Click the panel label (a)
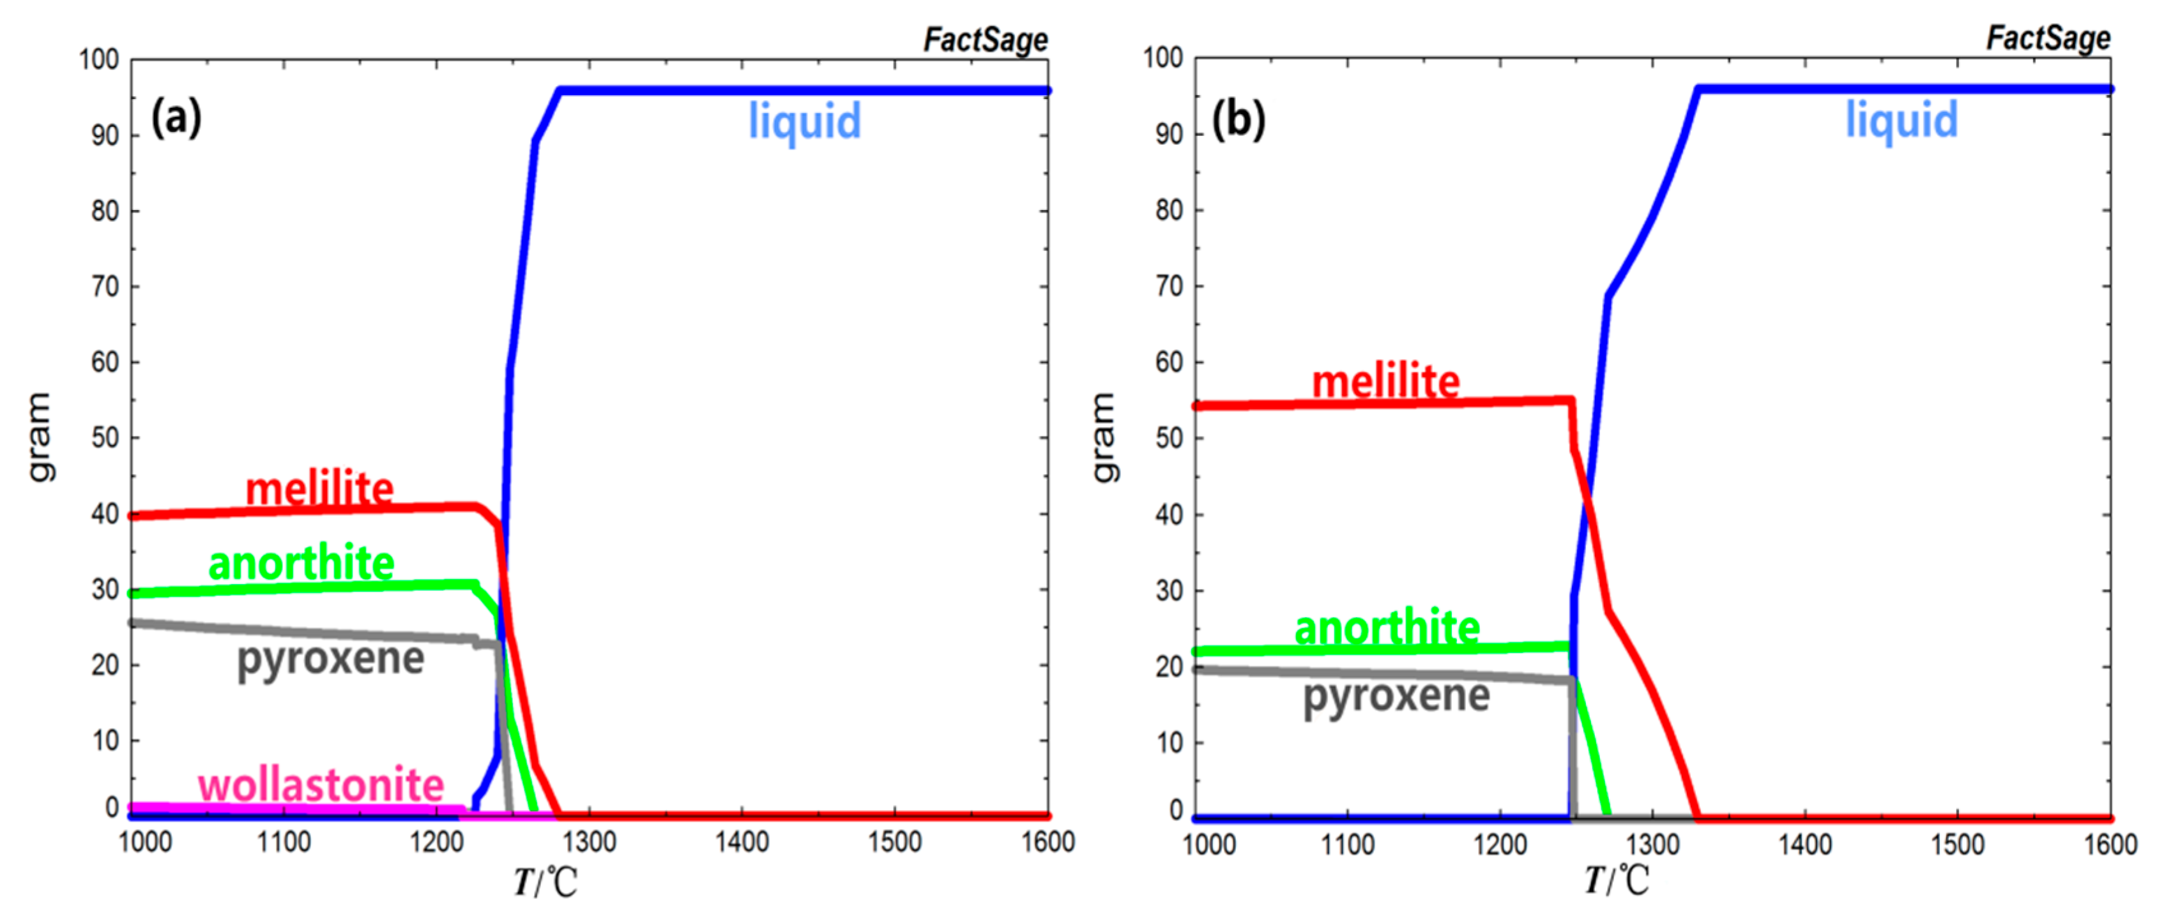176,117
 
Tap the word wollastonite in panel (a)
321,785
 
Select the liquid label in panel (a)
804,121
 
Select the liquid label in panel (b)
1902,119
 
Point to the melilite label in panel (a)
319,489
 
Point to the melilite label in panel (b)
1386,382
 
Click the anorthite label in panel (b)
1387,627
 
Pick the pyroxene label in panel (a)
331,659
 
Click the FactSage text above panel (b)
2048,38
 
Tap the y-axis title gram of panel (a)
38,437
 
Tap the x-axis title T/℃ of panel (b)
1617,880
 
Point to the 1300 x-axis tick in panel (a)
590,842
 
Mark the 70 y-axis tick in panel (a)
105,286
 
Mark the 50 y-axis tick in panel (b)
1169,438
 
